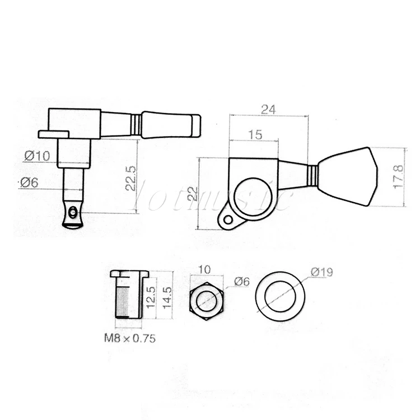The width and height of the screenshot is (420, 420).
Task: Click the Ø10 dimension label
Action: coord(37,156)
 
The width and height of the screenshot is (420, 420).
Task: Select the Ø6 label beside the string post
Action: coord(29,183)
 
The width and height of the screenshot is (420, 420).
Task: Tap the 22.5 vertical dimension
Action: coord(130,178)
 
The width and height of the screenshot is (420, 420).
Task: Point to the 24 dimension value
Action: coord(268,110)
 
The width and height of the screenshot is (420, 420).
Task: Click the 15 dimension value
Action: coord(255,134)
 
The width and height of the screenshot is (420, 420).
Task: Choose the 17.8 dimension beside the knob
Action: coord(398,177)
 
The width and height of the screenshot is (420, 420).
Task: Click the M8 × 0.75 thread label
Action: coord(130,338)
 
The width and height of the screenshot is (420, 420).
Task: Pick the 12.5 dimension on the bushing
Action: coord(151,297)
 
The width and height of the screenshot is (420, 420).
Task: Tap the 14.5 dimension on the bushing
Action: coord(167,297)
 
